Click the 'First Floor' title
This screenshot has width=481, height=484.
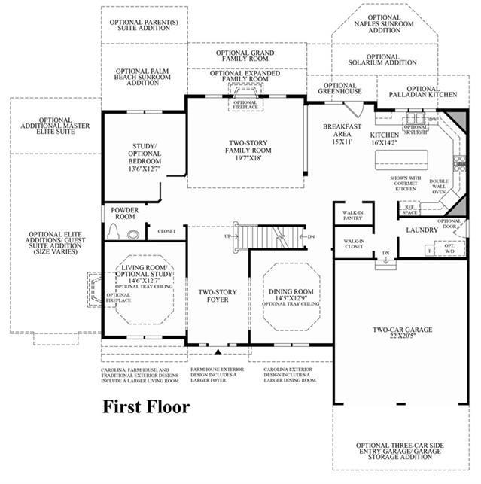(146, 407)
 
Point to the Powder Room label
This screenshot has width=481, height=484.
(124, 213)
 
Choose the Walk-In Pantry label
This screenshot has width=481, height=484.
(353, 215)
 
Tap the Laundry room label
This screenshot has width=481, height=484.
(422, 230)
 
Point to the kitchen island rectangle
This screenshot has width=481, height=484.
(401, 159)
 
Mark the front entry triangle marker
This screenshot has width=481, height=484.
(218, 352)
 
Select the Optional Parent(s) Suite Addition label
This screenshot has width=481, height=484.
(144, 24)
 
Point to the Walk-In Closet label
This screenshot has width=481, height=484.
(354, 244)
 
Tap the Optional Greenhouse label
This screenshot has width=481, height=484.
(340, 89)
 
